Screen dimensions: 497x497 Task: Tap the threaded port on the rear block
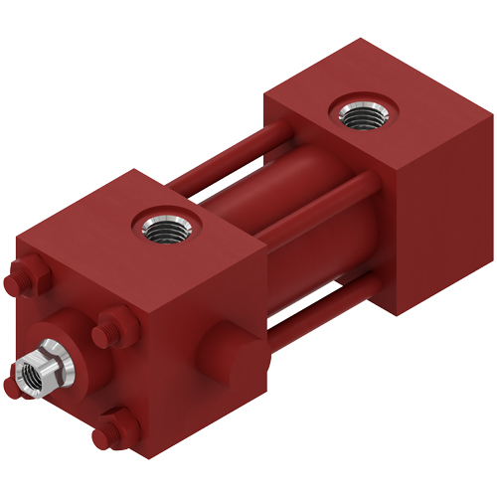click(x=362, y=114)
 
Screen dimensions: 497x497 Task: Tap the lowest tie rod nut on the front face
click(x=117, y=431)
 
